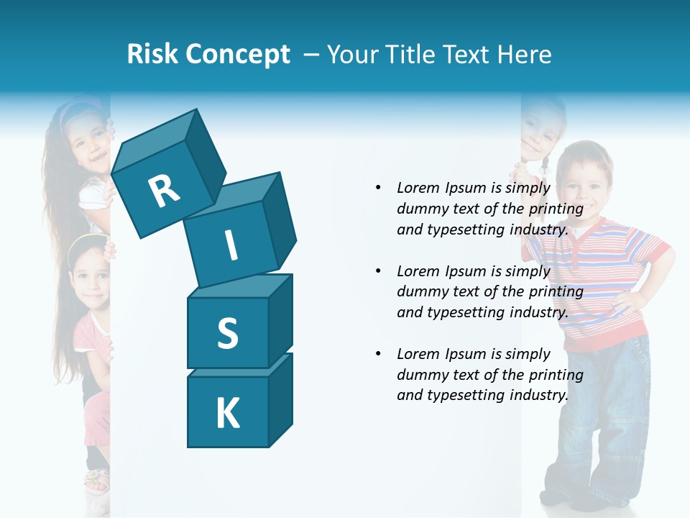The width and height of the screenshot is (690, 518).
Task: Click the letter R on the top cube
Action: click(164, 191)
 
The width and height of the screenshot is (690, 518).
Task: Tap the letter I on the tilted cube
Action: click(231, 245)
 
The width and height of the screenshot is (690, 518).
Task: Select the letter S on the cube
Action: click(227, 333)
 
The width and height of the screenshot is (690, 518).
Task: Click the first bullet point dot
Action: click(378, 188)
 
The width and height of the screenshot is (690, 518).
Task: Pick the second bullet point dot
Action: click(378, 271)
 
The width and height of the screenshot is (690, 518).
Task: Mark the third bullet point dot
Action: click(378, 354)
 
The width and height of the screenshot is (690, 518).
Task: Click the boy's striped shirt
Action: click(597, 281)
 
